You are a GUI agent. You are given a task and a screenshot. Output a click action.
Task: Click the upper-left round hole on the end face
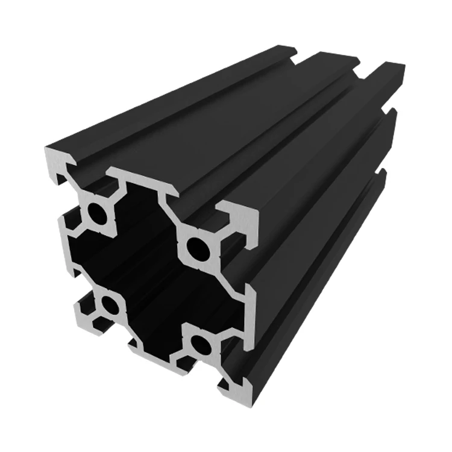tap(96, 212)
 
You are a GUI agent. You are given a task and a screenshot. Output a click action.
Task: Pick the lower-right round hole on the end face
tap(199, 344)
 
